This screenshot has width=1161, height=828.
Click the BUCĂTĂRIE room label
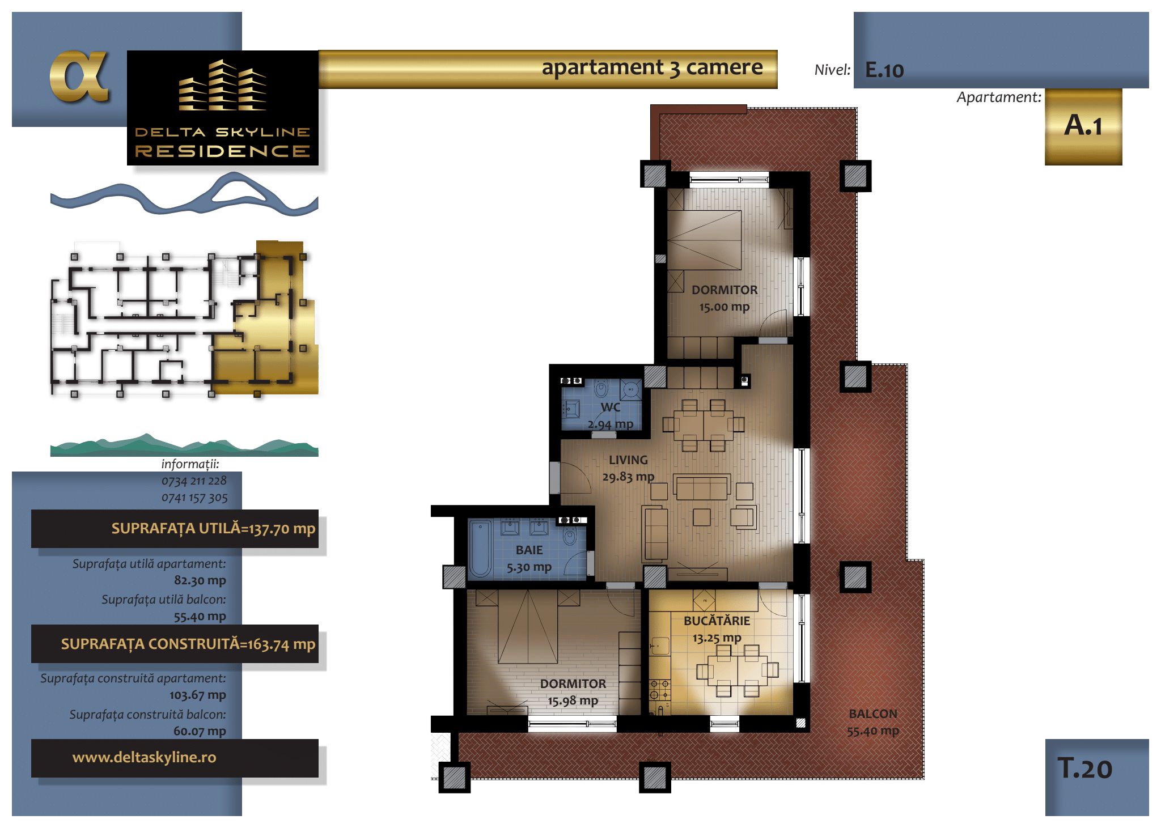[717, 621]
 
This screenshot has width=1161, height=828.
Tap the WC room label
[610, 407]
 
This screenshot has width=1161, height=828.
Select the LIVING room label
[628, 460]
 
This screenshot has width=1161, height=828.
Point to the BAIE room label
[529, 550]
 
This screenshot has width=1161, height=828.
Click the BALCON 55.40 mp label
[873, 722]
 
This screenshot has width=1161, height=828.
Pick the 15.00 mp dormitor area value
[724, 307]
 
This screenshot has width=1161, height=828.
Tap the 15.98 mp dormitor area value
[573, 701]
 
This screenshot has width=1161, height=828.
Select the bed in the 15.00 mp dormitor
[705, 239]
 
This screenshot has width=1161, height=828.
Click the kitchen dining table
[738, 670]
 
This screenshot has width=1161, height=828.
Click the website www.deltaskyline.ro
[144, 757]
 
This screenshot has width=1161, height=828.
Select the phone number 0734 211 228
[194, 481]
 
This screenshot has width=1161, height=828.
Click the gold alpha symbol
[79, 77]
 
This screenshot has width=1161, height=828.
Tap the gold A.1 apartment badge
[1083, 126]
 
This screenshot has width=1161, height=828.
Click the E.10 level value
[884, 70]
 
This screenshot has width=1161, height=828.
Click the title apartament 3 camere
[652, 67]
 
